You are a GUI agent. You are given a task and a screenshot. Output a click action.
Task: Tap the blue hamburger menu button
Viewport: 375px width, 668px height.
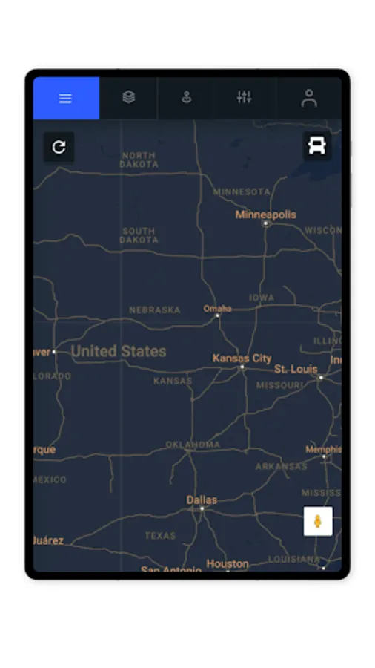point(65,98)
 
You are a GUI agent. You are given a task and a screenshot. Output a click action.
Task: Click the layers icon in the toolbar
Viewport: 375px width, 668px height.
point(129,97)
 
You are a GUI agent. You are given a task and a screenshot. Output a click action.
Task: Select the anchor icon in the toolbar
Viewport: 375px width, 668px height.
point(186,97)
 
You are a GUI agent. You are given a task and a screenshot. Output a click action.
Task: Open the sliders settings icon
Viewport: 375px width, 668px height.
point(244,97)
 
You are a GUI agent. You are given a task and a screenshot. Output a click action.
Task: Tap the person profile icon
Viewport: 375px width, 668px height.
point(309,98)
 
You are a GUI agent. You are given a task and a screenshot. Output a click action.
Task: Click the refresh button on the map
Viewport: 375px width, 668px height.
point(59,147)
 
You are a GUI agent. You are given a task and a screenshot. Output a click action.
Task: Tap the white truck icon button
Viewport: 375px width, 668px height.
point(317,145)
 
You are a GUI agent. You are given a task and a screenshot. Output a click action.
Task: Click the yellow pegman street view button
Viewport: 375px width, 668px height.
point(318,521)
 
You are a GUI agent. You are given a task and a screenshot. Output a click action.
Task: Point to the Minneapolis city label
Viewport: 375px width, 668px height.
point(265,215)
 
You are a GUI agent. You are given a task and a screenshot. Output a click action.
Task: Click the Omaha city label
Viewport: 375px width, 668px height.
point(217,308)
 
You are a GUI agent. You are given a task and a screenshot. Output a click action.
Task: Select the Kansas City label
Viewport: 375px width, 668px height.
point(242,358)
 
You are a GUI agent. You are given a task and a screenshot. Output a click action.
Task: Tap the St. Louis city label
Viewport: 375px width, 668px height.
point(296,369)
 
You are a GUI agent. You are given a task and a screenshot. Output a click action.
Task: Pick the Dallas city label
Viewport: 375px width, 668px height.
point(202,500)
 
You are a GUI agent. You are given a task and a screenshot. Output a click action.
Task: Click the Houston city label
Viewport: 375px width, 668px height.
point(228,564)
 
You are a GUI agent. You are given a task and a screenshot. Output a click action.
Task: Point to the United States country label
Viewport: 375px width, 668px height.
point(119,351)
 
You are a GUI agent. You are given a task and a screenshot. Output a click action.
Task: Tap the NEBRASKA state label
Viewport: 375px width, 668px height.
point(154,310)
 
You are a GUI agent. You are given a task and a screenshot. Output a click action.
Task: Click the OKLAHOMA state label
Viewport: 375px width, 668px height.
point(193,445)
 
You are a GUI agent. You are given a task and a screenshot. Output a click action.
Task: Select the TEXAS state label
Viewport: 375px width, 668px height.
point(160,535)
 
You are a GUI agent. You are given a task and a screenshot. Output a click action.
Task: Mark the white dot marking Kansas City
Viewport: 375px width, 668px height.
point(242,367)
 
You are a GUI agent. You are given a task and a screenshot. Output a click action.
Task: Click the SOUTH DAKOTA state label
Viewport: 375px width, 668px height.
point(139,235)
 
